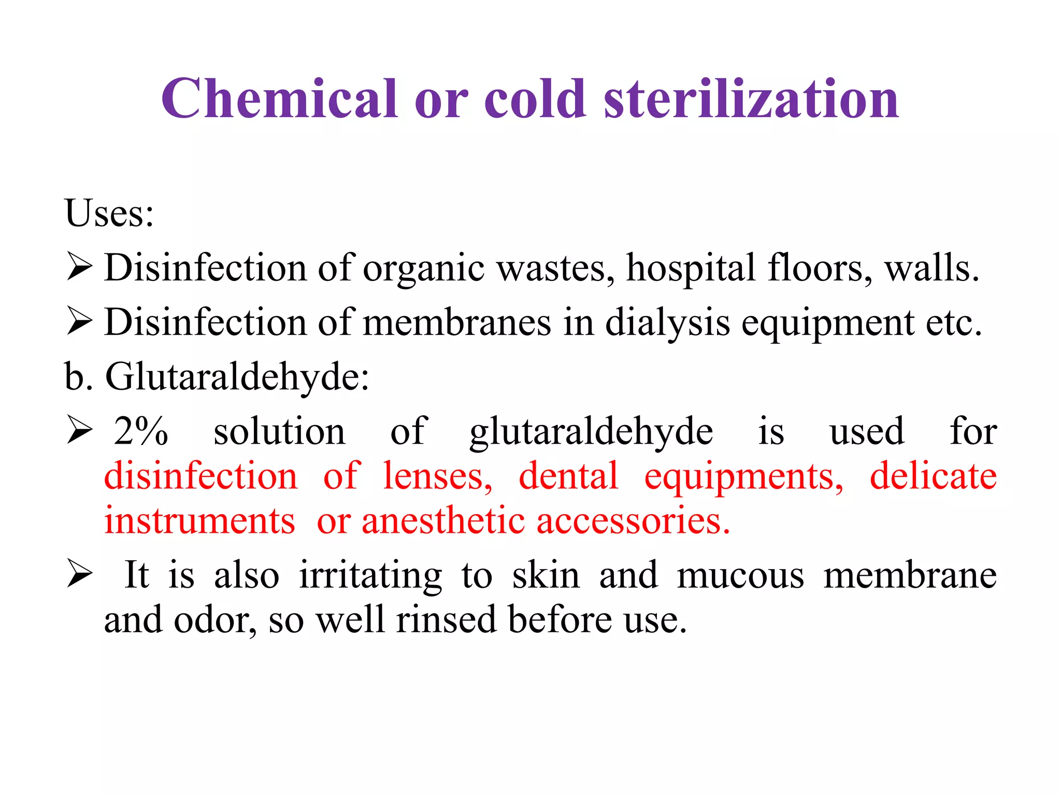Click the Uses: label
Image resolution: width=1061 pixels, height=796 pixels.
point(109,213)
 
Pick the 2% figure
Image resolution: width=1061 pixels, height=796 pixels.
point(141,431)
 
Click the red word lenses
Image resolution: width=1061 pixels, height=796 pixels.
point(438,476)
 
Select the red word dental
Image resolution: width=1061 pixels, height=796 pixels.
point(568,476)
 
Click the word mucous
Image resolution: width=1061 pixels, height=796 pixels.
point(740,575)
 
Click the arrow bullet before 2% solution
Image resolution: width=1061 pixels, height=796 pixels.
point(79,432)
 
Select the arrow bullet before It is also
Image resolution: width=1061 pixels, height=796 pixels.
point(79,576)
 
